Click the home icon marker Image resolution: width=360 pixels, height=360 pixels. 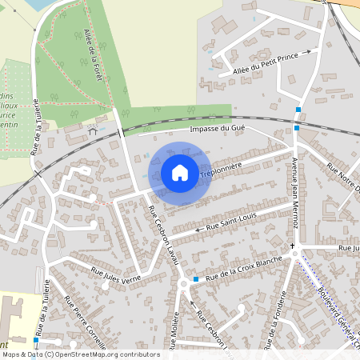point(180,172)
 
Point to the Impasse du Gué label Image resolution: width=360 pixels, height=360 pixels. point(216,128)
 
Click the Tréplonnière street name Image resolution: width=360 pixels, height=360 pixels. point(222,169)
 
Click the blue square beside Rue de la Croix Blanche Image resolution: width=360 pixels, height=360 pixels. point(196,279)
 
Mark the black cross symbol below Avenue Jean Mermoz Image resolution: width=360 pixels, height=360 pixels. point(293,245)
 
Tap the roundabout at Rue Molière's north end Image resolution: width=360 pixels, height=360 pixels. point(184,282)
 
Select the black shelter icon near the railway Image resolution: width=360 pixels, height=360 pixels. point(94,130)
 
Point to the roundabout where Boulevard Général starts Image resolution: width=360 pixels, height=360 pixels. point(297,254)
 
